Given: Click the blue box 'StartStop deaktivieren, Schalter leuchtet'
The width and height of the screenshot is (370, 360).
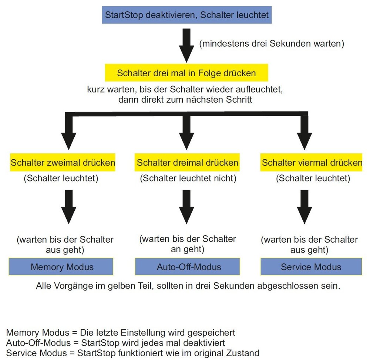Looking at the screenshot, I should point(187,15).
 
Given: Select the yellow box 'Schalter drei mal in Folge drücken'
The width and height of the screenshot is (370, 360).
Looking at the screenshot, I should point(186,73).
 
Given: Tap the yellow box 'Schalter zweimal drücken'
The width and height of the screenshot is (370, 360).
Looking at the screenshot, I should point(63,163).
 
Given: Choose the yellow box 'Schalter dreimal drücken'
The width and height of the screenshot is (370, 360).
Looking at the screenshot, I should point(188,163).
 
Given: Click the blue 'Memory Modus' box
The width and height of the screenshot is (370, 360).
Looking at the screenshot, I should point(62,267).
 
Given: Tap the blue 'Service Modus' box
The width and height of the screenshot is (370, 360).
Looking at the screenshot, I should point(311,267).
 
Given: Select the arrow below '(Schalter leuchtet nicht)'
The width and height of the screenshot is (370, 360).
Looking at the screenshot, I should point(187,206).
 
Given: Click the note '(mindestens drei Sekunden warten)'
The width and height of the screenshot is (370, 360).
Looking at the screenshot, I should point(272,44).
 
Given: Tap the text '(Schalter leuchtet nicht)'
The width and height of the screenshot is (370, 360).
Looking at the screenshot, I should point(188,179).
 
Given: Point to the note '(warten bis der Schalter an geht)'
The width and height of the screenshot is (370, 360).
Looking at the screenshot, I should point(187,244).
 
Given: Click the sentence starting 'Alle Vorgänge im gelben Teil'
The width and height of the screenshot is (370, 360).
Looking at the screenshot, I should point(188,286).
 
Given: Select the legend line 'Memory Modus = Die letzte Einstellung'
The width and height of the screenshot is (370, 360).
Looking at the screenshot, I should point(121,332).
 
